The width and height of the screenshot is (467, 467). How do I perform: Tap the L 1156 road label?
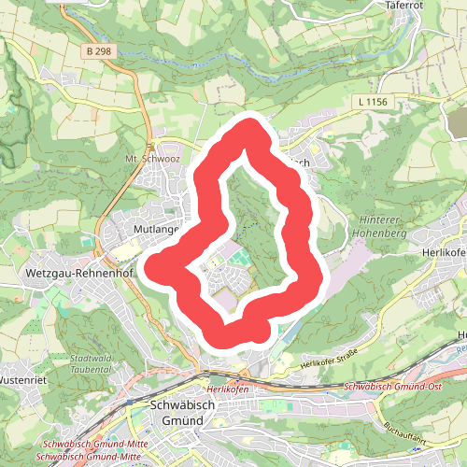372,100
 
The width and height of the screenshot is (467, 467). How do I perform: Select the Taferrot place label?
404,5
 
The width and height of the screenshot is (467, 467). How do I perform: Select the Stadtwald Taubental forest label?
90,363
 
